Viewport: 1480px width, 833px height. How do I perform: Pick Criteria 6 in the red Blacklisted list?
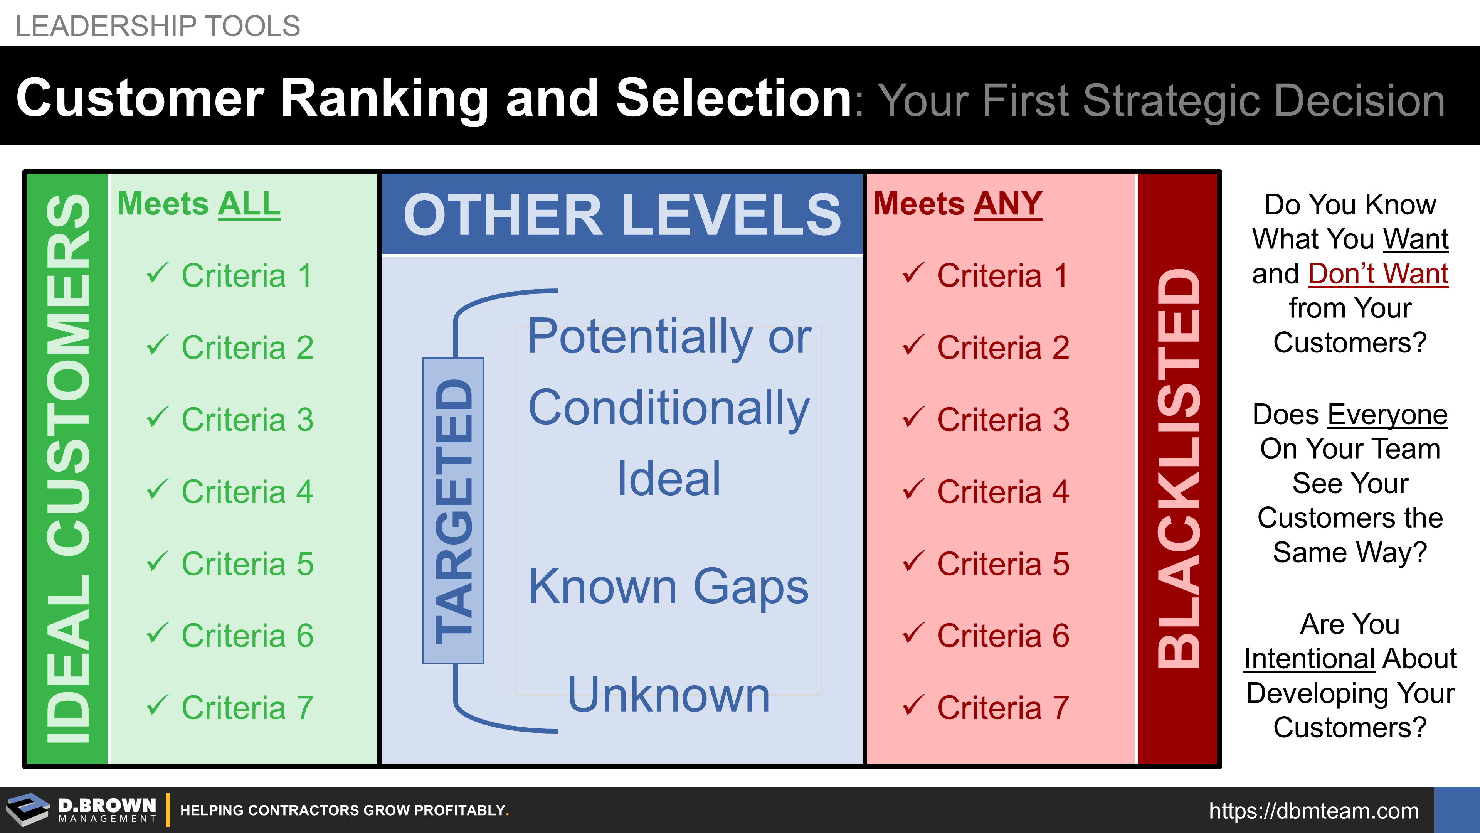click(1003, 636)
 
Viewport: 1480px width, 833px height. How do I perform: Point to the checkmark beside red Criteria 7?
click(913, 705)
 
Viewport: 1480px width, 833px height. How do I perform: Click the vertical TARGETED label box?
click(453, 511)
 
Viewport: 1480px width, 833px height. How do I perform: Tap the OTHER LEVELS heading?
click(622, 214)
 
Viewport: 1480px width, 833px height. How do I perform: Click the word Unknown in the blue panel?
click(668, 695)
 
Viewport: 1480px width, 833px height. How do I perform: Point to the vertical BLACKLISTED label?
click(1178, 469)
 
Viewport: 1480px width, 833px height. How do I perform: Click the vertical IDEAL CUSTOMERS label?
click(68, 469)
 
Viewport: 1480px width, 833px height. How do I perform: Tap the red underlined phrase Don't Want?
click(1378, 274)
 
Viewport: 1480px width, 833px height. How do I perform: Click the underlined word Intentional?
click(1309, 659)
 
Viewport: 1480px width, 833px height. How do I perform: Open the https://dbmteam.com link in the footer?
click(1313, 811)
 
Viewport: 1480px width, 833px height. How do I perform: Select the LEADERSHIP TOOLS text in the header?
click(157, 26)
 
